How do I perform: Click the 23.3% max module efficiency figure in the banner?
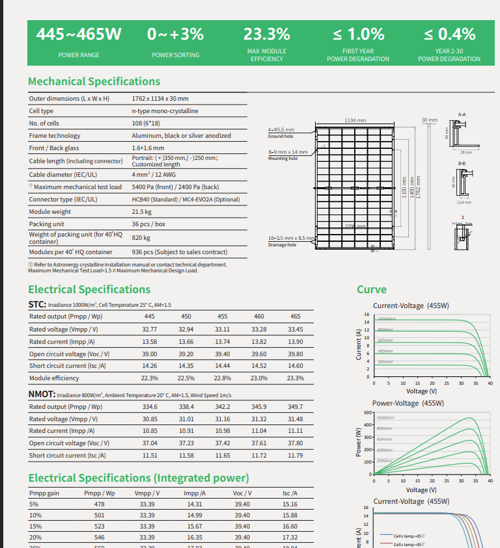266,34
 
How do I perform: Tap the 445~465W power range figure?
78,34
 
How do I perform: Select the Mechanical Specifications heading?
94,81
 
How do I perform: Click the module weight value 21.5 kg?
141,212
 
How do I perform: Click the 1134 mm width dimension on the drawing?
355,120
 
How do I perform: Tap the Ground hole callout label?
281,137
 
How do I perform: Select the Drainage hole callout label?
282,245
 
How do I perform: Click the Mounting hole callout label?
283,159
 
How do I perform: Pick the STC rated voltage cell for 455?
222,329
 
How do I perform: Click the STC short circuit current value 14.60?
295,366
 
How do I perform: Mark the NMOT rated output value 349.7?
295,406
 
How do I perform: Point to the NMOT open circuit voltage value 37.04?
149,443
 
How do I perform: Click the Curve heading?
371,289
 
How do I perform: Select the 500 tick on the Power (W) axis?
367,413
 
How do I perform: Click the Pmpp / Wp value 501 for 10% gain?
99,515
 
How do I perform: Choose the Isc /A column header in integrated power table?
290,493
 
